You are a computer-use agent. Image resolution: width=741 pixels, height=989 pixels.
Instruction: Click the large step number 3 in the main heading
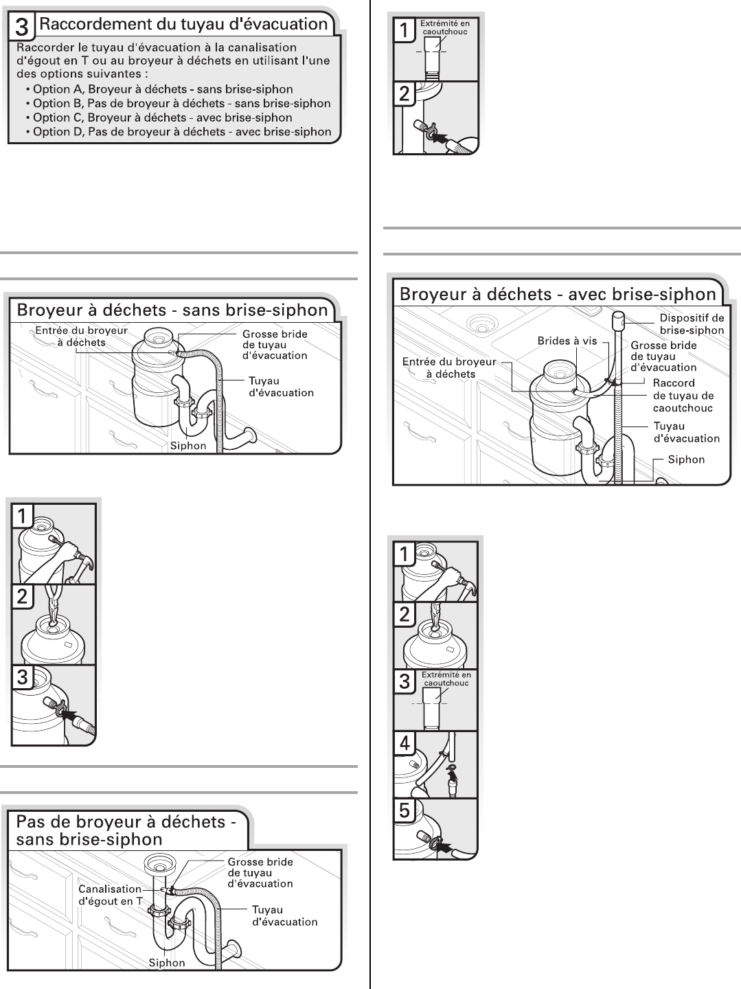[x=21, y=27]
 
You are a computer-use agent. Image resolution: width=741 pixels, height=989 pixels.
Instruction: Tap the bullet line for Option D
[x=182, y=132]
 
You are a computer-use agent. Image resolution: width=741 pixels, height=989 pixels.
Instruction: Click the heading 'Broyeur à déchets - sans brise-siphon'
[x=172, y=310]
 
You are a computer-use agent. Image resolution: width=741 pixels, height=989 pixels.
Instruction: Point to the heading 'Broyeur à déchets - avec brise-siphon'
[x=558, y=295]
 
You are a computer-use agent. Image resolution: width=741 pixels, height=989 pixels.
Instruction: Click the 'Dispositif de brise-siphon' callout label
[x=692, y=324]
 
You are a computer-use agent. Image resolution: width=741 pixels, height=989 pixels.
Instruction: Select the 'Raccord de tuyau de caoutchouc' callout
[x=683, y=396]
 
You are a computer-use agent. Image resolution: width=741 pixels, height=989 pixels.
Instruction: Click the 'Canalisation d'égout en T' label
[x=111, y=895]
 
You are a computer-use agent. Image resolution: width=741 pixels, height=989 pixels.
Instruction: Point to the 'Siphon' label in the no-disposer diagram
[x=167, y=963]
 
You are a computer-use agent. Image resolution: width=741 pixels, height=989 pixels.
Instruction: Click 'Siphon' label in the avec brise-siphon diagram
[x=686, y=459]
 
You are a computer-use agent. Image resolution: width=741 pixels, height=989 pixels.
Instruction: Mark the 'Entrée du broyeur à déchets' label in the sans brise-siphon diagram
[x=81, y=337]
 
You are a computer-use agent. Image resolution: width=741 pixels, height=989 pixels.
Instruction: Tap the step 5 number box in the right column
[x=404, y=811]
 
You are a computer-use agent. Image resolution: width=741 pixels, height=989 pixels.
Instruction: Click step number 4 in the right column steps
[x=404, y=744]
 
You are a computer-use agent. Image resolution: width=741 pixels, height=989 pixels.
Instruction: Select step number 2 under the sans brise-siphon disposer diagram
[x=23, y=596]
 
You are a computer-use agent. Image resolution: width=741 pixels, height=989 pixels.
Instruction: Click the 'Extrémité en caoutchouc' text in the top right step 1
[x=445, y=27]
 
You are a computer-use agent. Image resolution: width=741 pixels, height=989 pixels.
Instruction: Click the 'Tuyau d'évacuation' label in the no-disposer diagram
[x=284, y=916]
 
